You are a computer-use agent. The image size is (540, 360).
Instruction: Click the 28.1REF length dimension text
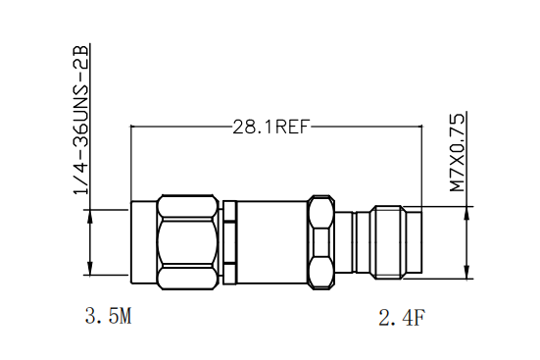tap(271, 127)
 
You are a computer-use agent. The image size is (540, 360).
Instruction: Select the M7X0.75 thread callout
tap(458, 153)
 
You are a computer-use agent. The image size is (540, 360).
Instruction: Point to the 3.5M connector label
tap(108, 316)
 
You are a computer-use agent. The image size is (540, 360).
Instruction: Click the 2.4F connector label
tap(402, 318)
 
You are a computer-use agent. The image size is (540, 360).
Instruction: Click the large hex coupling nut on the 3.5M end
tap(188, 242)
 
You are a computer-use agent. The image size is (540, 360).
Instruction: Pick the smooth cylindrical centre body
tap(272, 242)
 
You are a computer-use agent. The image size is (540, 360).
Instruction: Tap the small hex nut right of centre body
tap(321, 242)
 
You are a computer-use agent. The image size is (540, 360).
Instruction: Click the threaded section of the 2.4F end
tap(388, 242)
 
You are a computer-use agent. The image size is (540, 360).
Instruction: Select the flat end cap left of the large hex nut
tap(144, 242)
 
